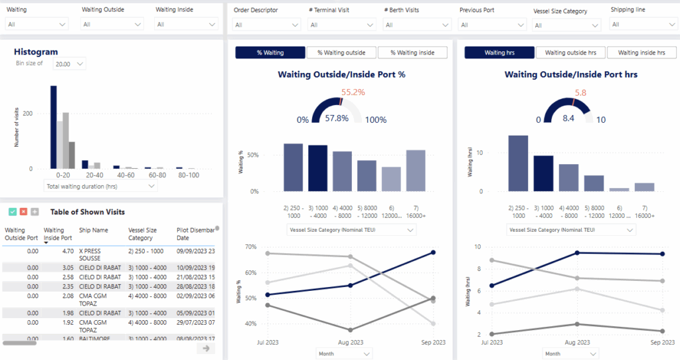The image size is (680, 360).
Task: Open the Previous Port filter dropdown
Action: click(x=491, y=25)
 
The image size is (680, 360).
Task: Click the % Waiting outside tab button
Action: click(x=341, y=52)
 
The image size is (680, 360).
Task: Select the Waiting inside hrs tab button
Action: click(x=641, y=52)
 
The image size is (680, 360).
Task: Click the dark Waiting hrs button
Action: click(x=499, y=52)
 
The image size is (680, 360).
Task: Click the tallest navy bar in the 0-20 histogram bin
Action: click(x=54, y=127)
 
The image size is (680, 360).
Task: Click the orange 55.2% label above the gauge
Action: click(x=353, y=92)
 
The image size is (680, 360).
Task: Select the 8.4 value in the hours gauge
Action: click(x=568, y=118)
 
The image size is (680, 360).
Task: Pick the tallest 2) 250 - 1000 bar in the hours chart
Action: click(x=518, y=163)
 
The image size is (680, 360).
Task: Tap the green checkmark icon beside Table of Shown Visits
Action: click(x=13, y=212)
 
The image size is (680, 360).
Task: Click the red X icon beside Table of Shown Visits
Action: click(x=23, y=212)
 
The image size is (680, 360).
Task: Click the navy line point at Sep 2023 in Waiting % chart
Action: click(x=433, y=252)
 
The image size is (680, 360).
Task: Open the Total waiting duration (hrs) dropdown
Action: click(x=100, y=187)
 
